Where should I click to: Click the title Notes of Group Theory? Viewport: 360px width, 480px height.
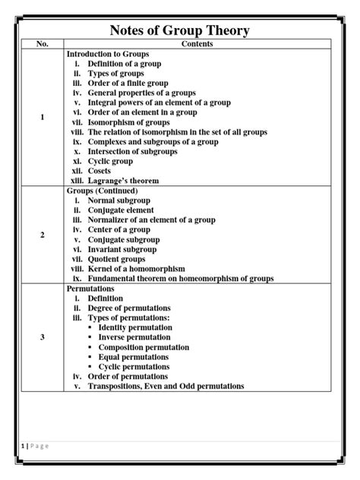(179, 30)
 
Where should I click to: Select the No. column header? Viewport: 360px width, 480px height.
(43, 45)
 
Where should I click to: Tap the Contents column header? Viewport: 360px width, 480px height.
(197, 45)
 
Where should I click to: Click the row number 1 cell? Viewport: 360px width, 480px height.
(43, 118)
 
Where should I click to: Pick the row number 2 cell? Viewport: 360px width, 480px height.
(43, 235)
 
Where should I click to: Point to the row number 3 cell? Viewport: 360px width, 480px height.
(43, 337)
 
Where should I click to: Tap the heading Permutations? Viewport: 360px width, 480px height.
(90, 289)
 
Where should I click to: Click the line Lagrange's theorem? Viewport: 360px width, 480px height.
(126, 181)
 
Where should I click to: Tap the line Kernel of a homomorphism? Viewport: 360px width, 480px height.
(141, 269)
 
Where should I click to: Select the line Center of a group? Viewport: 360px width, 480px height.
(118, 229)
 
